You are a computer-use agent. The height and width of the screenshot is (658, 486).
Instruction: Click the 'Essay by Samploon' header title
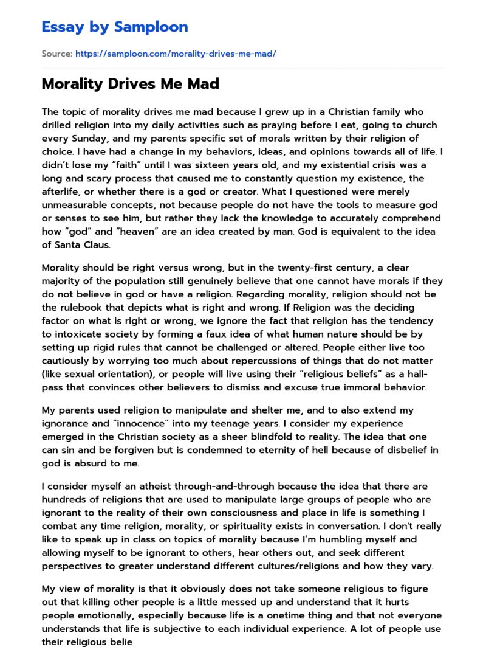[115, 27]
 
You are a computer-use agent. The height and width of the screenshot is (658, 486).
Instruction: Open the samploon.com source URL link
[176, 54]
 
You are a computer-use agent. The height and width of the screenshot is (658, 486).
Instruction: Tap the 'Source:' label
[56, 54]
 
